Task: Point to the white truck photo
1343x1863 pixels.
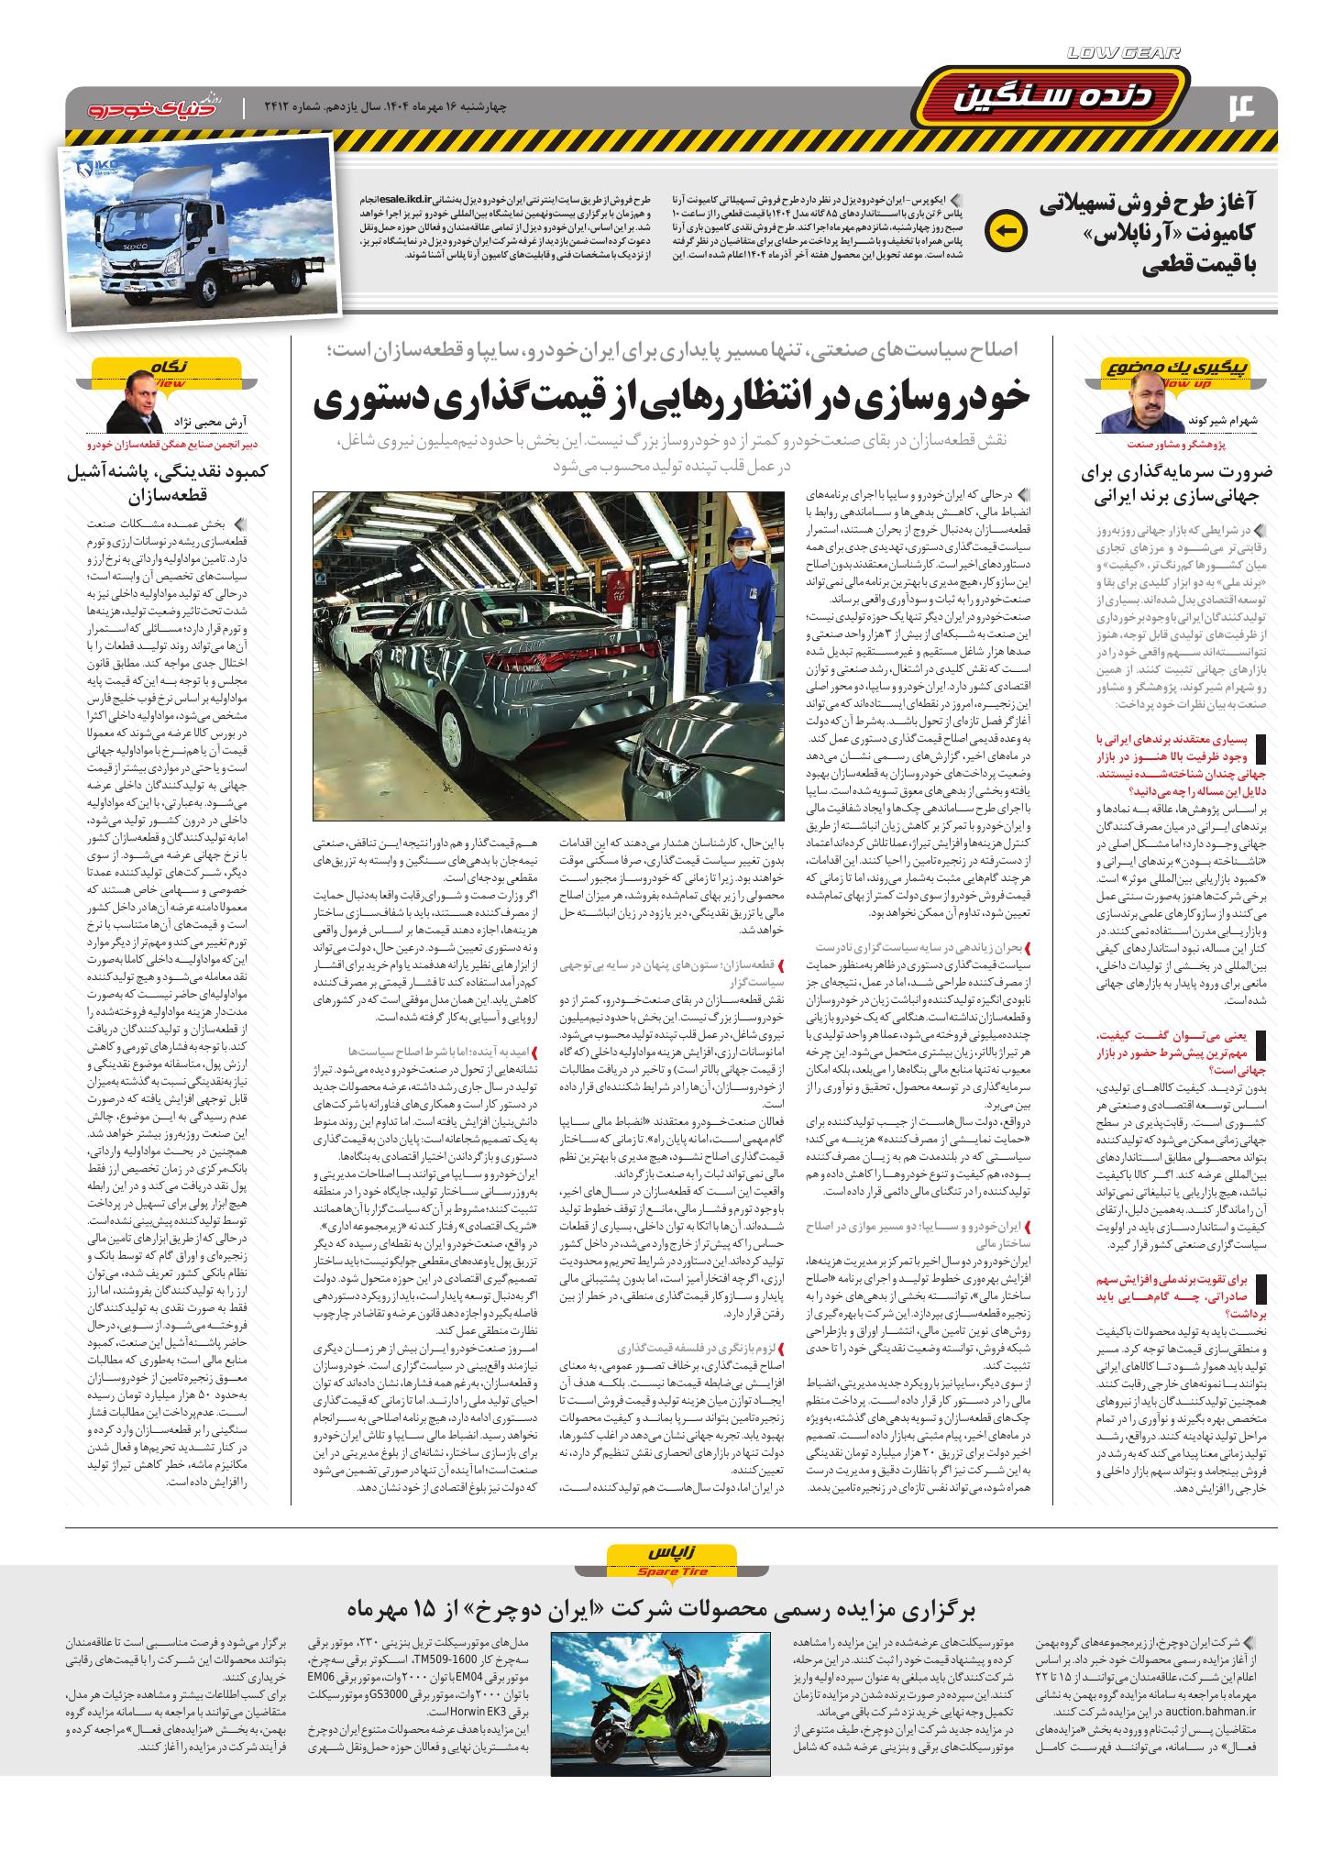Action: pos(196,233)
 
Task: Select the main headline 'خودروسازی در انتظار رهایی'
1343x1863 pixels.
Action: pos(671,400)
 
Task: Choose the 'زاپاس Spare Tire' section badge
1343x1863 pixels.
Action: pos(671,1580)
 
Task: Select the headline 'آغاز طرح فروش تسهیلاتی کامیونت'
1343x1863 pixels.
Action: pos(1157,234)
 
